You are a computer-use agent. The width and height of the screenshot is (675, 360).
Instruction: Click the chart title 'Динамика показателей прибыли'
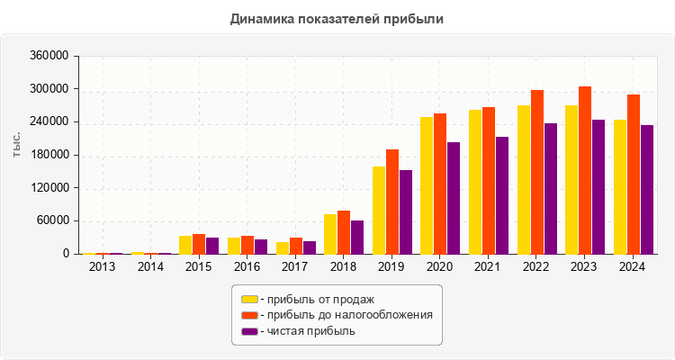click(x=337, y=18)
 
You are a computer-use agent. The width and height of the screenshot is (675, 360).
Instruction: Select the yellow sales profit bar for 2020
click(x=427, y=185)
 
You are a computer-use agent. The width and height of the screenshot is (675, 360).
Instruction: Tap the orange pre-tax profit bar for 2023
click(x=585, y=170)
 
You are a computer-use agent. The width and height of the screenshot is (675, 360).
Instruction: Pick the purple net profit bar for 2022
click(x=550, y=189)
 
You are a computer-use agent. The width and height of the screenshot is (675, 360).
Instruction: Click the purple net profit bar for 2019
click(x=406, y=211)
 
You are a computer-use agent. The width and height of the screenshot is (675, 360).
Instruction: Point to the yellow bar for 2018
click(x=330, y=234)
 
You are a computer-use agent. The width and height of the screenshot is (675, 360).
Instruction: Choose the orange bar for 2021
click(x=489, y=180)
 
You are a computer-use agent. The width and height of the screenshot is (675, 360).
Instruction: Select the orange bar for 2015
click(x=199, y=244)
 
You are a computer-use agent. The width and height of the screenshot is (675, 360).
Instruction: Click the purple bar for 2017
click(x=310, y=247)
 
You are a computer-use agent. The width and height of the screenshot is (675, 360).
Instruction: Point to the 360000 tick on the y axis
click(x=50, y=56)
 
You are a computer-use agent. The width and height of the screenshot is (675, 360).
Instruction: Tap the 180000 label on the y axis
click(x=50, y=155)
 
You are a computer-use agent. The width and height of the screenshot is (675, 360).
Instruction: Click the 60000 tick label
click(x=54, y=221)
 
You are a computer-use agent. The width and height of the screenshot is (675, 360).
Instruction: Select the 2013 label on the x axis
click(x=103, y=266)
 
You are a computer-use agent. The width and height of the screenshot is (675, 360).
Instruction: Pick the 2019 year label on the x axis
click(x=392, y=266)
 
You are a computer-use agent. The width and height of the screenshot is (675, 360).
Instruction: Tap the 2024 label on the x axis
click(x=634, y=266)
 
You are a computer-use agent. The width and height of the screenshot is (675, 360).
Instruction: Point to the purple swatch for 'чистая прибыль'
click(x=249, y=331)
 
